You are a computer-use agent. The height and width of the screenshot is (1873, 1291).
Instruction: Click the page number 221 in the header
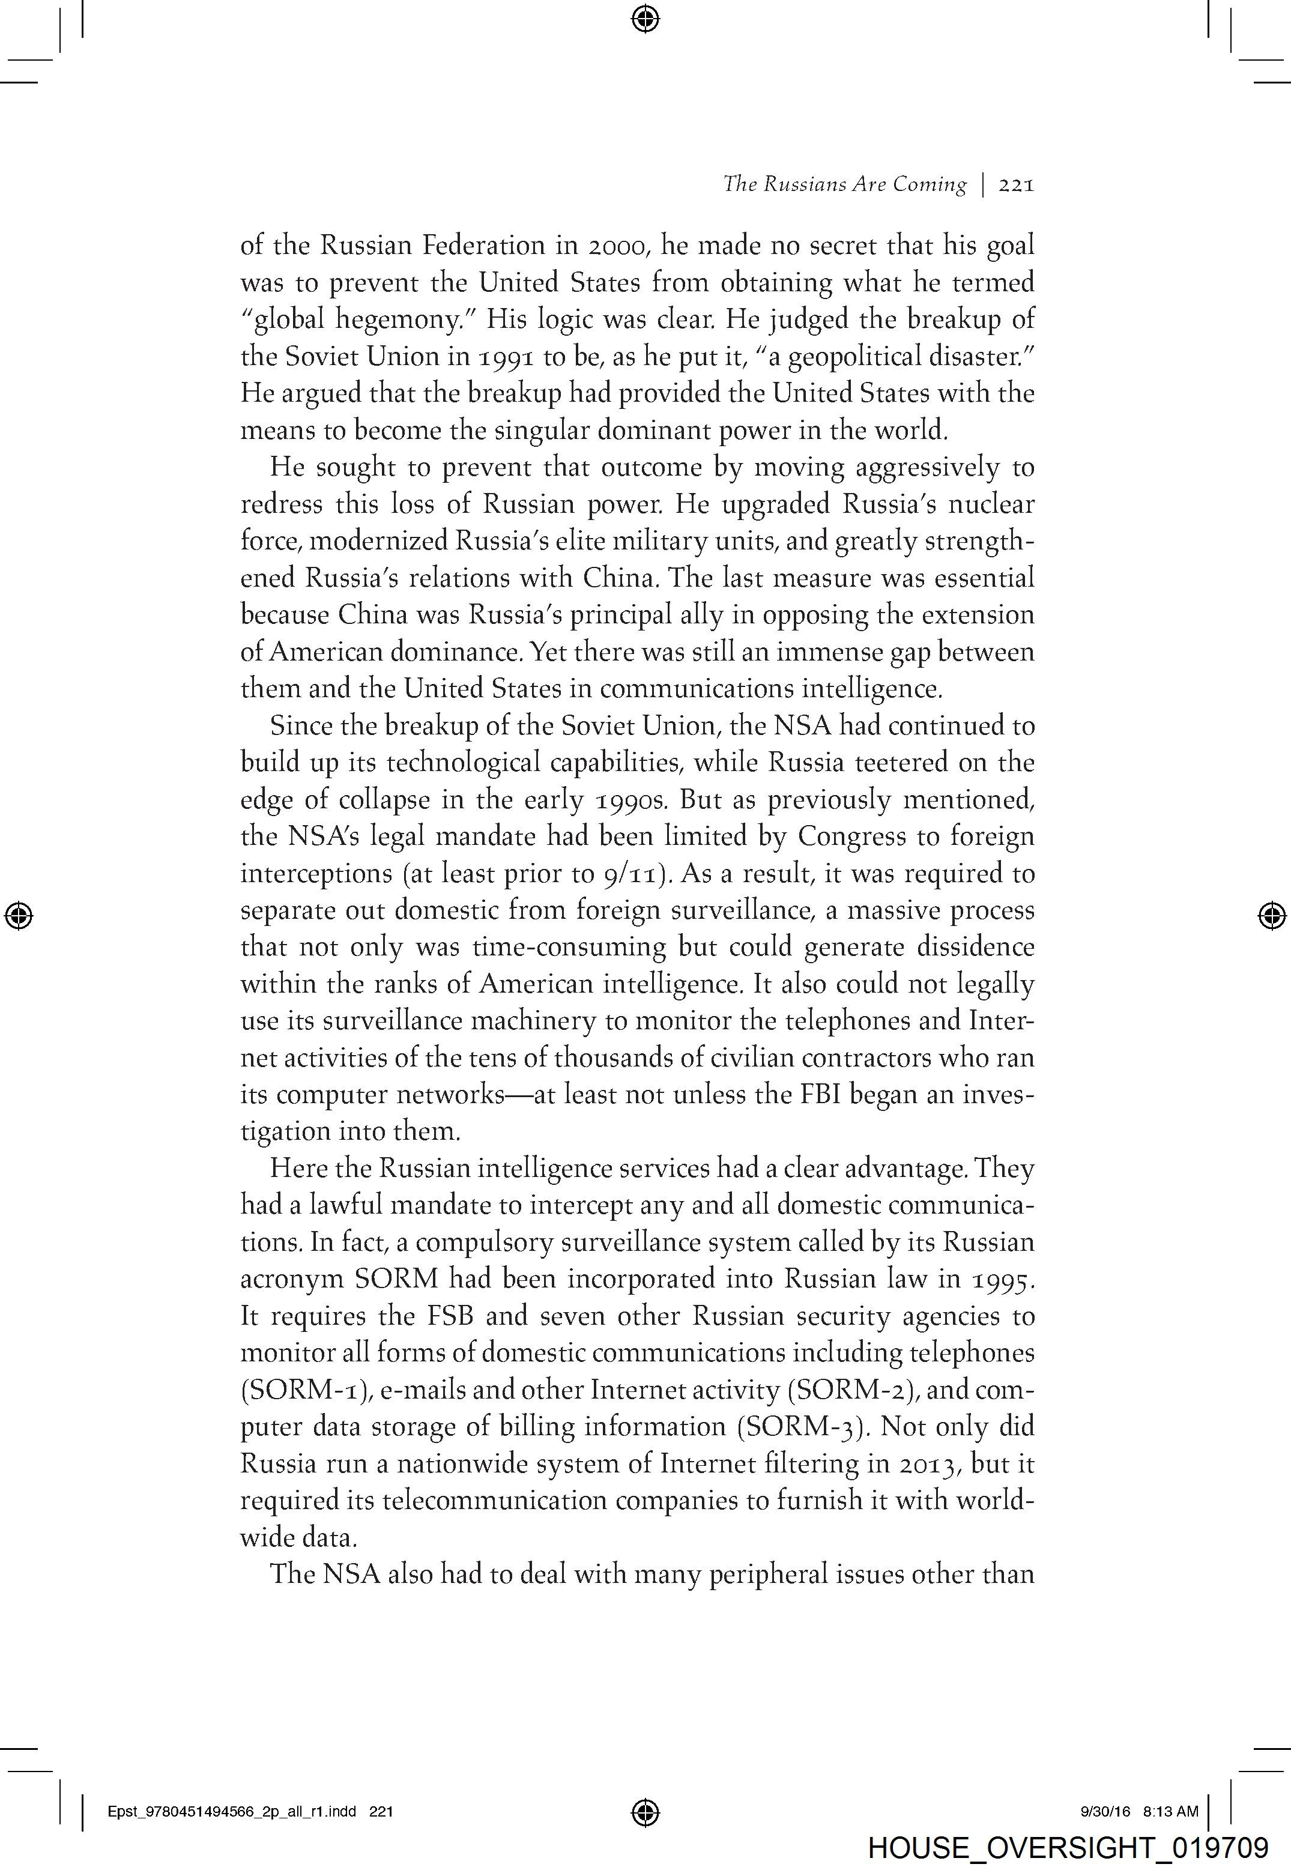[1017, 185]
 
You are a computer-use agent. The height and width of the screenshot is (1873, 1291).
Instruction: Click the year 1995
[1002, 1280]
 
